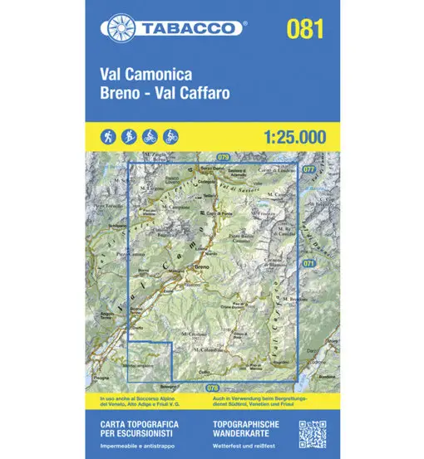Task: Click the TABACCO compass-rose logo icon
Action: point(116,27)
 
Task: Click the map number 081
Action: point(305,29)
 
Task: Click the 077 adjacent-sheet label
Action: point(308,168)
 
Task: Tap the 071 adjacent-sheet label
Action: point(308,262)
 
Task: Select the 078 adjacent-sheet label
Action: point(212,388)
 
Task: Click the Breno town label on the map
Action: point(200,267)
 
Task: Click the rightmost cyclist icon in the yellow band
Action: point(171,134)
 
